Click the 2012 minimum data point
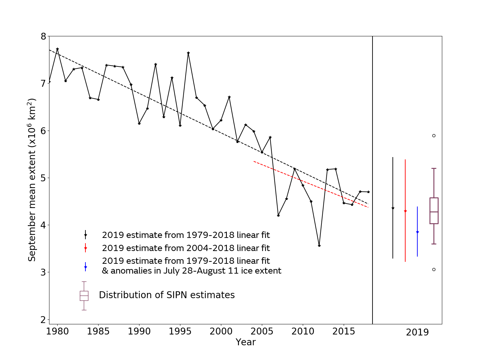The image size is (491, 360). [319, 245]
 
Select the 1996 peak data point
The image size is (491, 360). [188, 53]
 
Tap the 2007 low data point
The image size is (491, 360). [278, 215]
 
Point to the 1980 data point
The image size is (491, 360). [57, 49]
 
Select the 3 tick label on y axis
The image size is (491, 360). [43, 272]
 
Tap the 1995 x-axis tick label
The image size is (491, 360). [180, 332]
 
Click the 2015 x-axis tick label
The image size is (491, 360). [344, 332]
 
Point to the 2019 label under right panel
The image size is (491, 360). [417, 333]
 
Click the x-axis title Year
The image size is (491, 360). [245, 342]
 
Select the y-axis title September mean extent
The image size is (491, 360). [32, 180]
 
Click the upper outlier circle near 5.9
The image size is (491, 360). [434, 135]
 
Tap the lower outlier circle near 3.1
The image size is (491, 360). [434, 269]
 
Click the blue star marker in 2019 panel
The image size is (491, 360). [417, 232]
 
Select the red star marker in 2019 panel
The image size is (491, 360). [405, 211]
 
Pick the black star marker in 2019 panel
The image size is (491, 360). [393, 208]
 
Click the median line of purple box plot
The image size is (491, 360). [434, 212]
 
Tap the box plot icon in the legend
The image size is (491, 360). [84, 296]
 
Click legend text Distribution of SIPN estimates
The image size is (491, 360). [167, 295]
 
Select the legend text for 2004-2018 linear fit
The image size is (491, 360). [186, 248]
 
